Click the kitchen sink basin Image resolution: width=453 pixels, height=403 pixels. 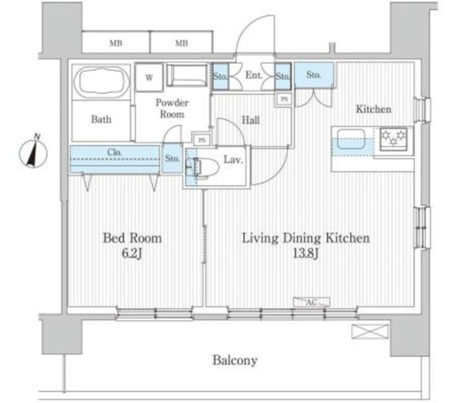(x=351, y=139)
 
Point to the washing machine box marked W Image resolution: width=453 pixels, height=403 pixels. (x=149, y=77)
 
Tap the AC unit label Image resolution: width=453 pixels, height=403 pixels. (x=311, y=302)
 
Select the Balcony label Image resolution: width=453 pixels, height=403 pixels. (x=235, y=360)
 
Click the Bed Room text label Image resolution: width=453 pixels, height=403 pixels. (x=132, y=238)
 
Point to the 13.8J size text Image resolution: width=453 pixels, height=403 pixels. (x=306, y=254)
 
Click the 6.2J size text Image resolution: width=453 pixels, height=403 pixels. (x=132, y=254)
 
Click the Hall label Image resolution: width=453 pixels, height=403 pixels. (x=250, y=120)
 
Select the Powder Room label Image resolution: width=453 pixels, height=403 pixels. (x=172, y=108)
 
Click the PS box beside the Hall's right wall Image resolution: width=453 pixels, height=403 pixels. (x=284, y=99)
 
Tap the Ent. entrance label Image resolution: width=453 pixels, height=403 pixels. (x=254, y=76)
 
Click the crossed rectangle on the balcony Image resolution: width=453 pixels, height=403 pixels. (x=370, y=332)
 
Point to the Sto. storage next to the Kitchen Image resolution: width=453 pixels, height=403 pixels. (x=314, y=75)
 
